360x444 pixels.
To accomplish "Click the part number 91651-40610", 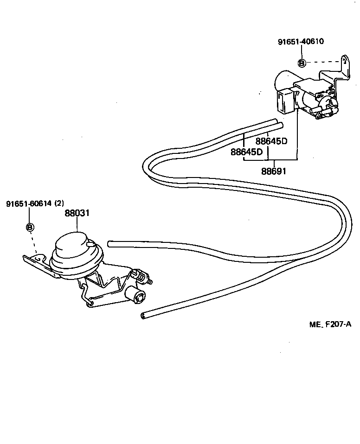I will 301,42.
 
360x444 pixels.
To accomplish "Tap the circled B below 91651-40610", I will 301,63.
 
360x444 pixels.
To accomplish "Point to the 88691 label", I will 274,171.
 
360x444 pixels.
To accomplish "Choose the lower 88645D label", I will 246,152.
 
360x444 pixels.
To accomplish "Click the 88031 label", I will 77,214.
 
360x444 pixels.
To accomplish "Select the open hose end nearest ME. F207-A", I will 142,316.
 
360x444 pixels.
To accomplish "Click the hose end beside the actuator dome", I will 110,243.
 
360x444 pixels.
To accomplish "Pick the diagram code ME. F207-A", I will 330,324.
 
